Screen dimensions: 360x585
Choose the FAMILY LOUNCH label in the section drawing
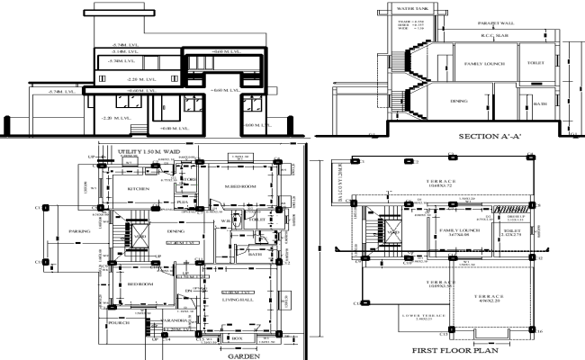[x=484, y=65]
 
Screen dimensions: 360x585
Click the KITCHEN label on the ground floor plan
[x=138, y=189]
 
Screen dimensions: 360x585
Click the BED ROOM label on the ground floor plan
[x=139, y=283]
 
